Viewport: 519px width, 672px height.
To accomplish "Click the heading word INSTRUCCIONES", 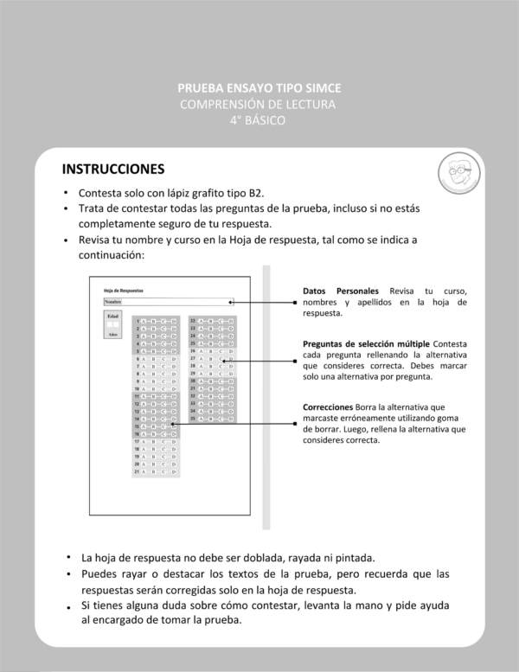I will (112, 167).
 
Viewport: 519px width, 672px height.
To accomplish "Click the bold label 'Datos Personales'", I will (342, 291).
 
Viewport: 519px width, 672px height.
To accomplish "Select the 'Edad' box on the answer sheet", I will (112, 326).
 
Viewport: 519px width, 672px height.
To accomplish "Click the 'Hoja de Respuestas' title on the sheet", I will (123, 290).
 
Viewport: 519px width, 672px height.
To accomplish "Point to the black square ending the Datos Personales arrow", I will (295, 303).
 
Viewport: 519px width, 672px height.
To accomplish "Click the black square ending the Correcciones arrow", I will (295, 424).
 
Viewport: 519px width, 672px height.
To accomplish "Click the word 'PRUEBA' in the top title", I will (199, 88).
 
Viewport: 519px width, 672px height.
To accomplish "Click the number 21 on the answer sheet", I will (137, 472).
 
